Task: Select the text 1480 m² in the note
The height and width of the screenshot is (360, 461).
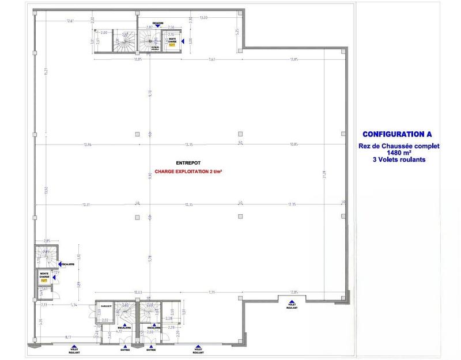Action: pyautogui.click(x=398, y=153)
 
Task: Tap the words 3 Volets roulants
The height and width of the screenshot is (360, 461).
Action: pyautogui.click(x=398, y=160)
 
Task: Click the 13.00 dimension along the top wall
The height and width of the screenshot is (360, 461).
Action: pyautogui.click(x=203, y=18)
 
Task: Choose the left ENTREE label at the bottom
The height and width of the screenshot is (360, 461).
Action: pyautogui.click(x=125, y=349)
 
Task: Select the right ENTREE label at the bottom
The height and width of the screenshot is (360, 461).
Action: pyautogui.click(x=151, y=349)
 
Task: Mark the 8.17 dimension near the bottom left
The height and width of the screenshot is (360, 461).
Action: pyautogui.click(x=68, y=336)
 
